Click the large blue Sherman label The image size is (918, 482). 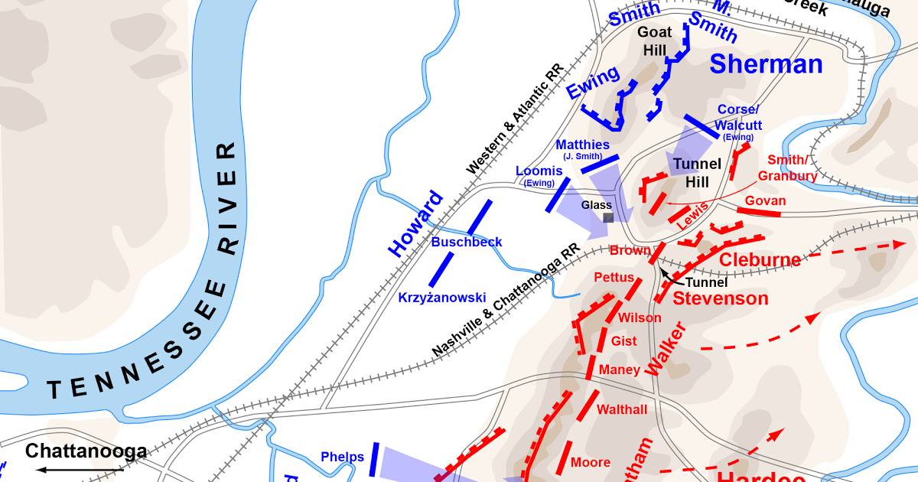[x=766, y=64]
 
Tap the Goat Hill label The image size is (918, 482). [x=655, y=41]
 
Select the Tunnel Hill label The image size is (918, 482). [x=697, y=173]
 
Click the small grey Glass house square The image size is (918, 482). [x=608, y=218]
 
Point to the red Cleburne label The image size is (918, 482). [x=760, y=259]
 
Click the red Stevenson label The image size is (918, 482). [x=720, y=298]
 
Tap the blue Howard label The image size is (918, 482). [x=415, y=223]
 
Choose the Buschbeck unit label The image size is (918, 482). [x=467, y=242]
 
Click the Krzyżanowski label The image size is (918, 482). [x=442, y=297]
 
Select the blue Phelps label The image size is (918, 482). [x=342, y=458]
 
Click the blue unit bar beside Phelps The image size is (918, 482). [x=375, y=459]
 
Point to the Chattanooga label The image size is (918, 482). [x=86, y=451]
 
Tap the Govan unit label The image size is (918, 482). [x=765, y=200]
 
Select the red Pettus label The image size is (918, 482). [x=614, y=277]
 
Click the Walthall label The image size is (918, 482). [x=621, y=409]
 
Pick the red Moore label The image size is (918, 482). [x=591, y=462]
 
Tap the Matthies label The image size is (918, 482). [x=583, y=145]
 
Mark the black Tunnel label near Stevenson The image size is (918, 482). [x=705, y=282]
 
